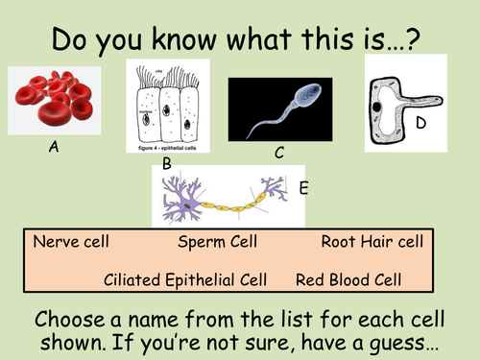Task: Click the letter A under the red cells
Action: [x=54, y=150]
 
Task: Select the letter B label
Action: [x=166, y=164]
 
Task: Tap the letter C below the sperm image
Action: [x=278, y=152]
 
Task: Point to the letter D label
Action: [x=420, y=123]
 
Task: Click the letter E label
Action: [x=303, y=189]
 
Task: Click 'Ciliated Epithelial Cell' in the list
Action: [x=181, y=279]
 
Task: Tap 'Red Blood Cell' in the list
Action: [x=347, y=279]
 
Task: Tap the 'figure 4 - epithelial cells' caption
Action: [x=168, y=151]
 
